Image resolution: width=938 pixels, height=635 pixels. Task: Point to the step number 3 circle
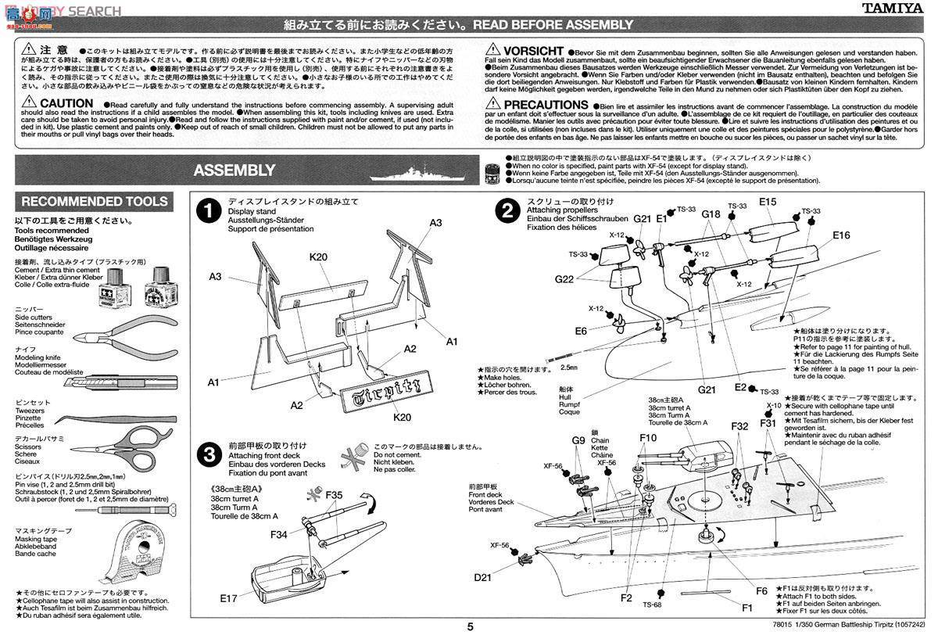pyautogui.click(x=207, y=454)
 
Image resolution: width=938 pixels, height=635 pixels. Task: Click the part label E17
pyautogui.click(x=228, y=598)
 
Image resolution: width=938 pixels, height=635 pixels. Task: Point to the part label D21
pyautogui.click(x=483, y=578)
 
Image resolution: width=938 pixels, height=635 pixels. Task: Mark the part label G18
pyautogui.click(x=711, y=214)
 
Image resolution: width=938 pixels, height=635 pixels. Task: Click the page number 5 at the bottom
pyautogui.click(x=470, y=626)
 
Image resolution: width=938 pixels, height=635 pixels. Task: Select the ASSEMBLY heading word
pyautogui.click(x=234, y=170)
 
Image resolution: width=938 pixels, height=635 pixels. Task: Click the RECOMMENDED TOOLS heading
pyautogui.click(x=94, y=202)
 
